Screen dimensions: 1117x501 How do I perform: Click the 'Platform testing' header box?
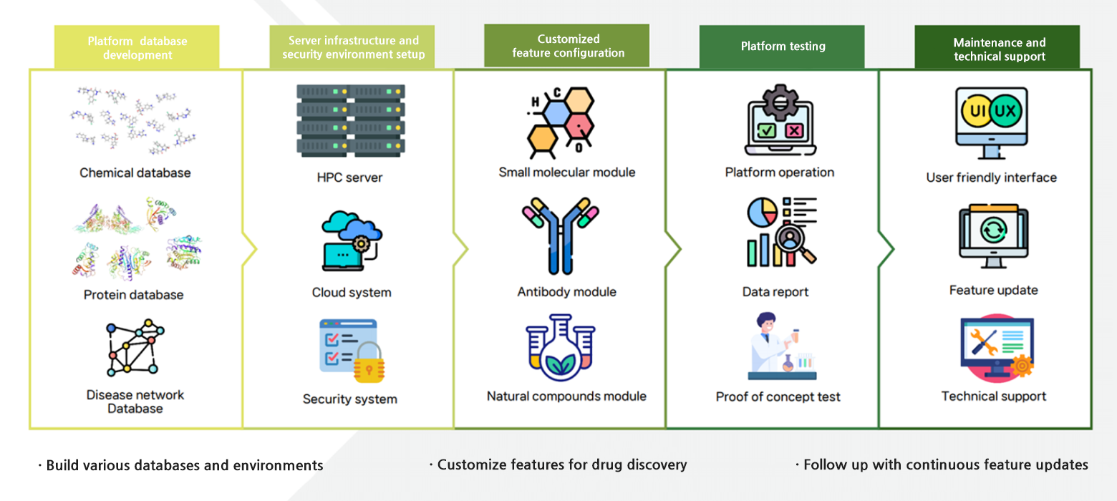tap(782, 47)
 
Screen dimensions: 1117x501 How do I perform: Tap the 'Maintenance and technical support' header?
tap(997, 47)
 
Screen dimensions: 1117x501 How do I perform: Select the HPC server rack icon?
tap(351, 121)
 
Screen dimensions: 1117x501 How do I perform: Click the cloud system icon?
tap(352, 240)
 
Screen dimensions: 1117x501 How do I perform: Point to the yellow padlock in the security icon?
tap(369, 363)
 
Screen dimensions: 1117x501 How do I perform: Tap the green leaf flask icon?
tap(561, 347)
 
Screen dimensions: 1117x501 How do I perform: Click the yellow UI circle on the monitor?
tap(977, 111)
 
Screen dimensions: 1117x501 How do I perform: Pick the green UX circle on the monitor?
tap(1005, 111)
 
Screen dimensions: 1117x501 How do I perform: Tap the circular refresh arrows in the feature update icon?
tap(993, 230)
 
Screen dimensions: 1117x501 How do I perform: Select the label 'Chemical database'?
tap(135, 173)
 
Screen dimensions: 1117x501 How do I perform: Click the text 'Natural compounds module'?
tap(566, 397)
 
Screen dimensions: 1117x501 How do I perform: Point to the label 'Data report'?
tap(775, 292)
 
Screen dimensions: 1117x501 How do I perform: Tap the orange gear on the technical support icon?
tap(1022, 366)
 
